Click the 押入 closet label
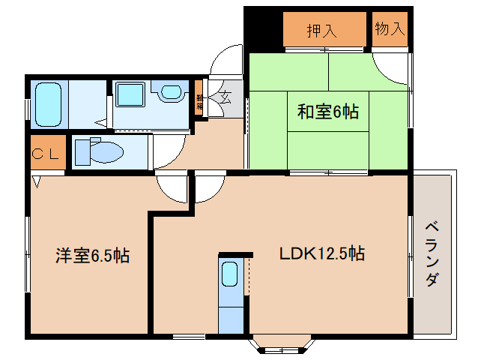[321, 31]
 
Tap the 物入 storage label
[390, 30]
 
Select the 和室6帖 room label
[327, 112]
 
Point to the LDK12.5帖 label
[322, 253]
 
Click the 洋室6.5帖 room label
[91, 255]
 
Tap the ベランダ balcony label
[432, 254]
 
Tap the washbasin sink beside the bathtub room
[172, 92]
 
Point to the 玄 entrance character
[226, 97]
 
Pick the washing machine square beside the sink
[131, 94]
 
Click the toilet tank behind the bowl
[82, 152]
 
